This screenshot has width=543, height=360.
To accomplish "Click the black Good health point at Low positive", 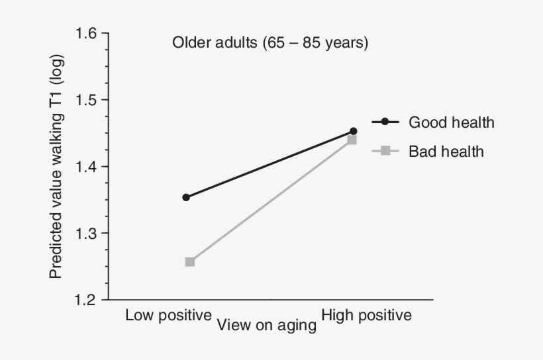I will pyautogui.click(x=186, y=197).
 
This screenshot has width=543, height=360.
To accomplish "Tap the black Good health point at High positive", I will pyautogui.click(x=353, y=131).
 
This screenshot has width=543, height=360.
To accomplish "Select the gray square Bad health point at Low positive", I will pyautogui.click(x=189, y=262).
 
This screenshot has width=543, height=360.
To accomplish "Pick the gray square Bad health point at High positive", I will pyautogui.click(x=352, y=140).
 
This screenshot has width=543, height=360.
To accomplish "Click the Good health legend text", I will pyautogui.click(x=451, y=122).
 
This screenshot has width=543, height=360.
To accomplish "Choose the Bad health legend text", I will pyautogui.click(x=446, y=152).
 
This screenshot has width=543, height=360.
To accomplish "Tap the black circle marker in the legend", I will pyautogui.click(x=385, y=122).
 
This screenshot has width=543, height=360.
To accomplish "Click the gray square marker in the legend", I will pyautogui.click(x=385, y=152).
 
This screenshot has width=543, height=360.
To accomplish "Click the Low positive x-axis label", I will pyautogui.click(x=168, y=315).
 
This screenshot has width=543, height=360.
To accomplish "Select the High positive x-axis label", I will pyautogui.click(x=366, y=315).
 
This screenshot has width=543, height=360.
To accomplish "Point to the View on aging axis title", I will pyautogui.click(x=266, y=325).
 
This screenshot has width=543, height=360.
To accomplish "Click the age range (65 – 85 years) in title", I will pyautogui.click(x=315, y=43).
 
